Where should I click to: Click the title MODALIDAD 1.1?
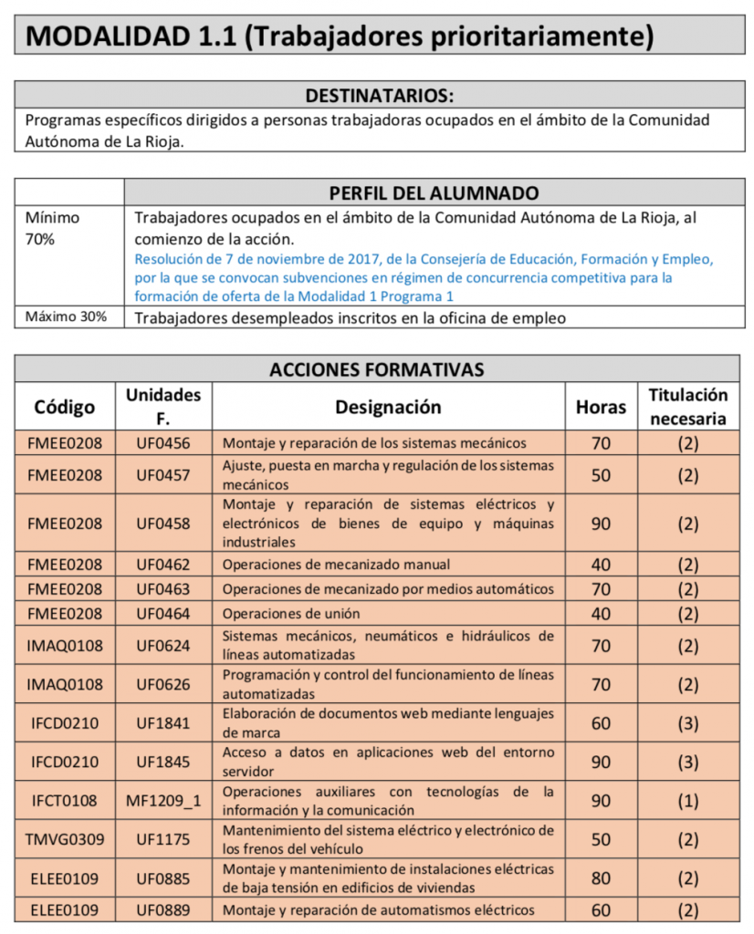pyautogui.click(x=340, y=36)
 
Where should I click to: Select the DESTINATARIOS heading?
pyautogui.click(x=379, y=96)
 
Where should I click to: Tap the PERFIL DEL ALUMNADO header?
pyautogui.click(x=433, y=192)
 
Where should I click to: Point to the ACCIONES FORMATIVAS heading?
pyautogui.click(x=376, y=369)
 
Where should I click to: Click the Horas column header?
pyautogui.click(x=601, y=407)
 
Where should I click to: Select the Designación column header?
pyautogui.click(x=388, y=407)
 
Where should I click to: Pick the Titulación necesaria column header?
pyautogui.click(x=687, y=407)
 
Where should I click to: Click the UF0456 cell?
pyautogui.click(x=163, y=443)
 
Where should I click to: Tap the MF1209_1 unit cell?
pyautogui.click(x=163, y=801)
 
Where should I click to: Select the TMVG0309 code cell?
pyautogui.click(x=65, y=839)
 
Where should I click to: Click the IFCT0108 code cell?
pyautogui.click(x=65, y=801)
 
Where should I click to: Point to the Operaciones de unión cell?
pyautogui.click(x=291, y=613)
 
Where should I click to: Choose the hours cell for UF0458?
pyautogui.click(x=601, y=524)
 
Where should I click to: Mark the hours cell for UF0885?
pyautogui.click(x=601, y=878)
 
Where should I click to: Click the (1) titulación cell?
pyautogui.click(x=687, y=801)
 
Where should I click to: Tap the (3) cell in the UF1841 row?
pyautogui.click(x=687, y=723)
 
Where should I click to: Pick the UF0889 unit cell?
pyautogui.click(x=163, y=909)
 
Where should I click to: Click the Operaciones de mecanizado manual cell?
pyautogui.click(x=336, y=565)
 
